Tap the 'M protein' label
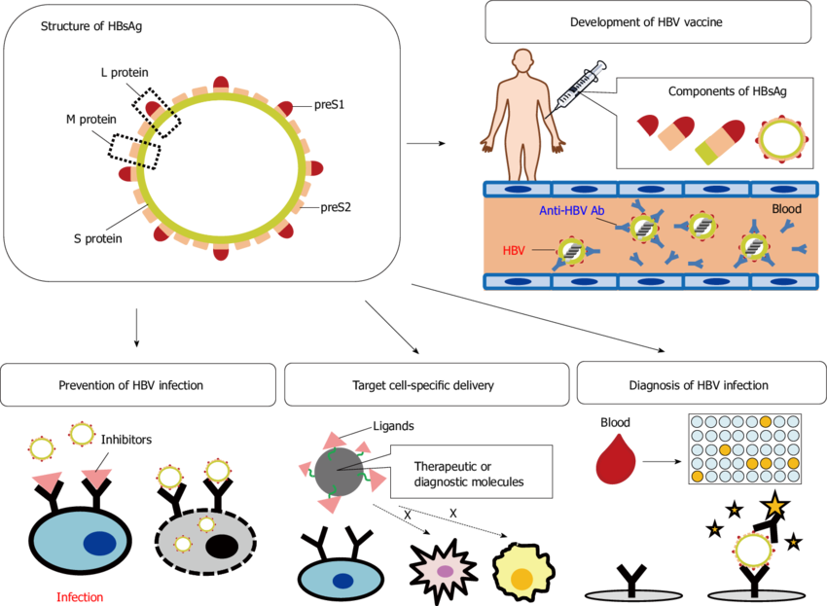pos(90,120)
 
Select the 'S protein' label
pos(98,238)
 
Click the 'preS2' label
pos(336,207)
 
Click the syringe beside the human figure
pos(579,86)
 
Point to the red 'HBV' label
pos(514,250)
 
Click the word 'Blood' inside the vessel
pos(786,209)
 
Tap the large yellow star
pos(774,506)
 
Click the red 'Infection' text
pos(80,597)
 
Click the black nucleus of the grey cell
pos(220,546)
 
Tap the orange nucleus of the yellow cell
pos(521,577)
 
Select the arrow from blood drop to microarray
pos(662,461)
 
